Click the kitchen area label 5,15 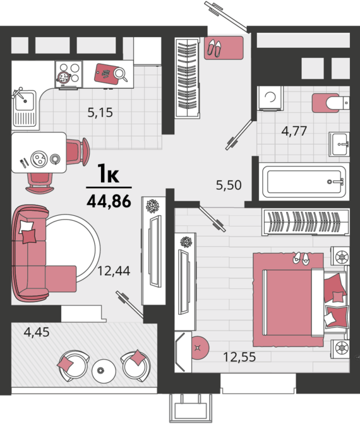click(100, 112)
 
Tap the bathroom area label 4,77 click(294, 131)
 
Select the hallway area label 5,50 click(229, 185)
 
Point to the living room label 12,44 click(114, 271)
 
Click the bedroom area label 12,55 click(239, 357)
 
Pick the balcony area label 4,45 click(37, 332)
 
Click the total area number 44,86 click(109, 201)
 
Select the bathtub click(304, 182)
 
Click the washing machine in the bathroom click(270, 98)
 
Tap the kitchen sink click(25, 109)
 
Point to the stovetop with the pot click(68, 74)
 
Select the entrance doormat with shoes click(224, 48)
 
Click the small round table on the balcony click(104, 370)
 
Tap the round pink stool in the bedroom click(199, 348)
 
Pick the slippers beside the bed click(301, 259)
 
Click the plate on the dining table click(39, 159)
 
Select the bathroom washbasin click(339, 144)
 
